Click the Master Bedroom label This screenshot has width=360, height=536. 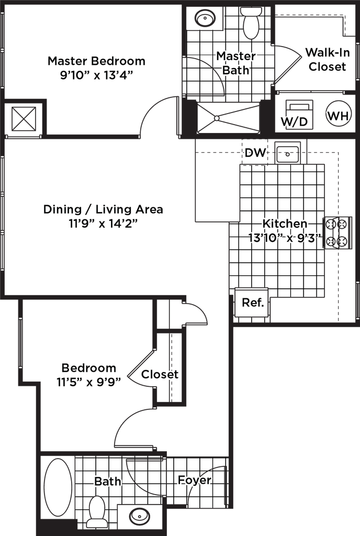96,61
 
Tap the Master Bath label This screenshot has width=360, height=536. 236,63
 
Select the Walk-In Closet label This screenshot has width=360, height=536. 328,60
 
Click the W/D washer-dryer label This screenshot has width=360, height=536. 294,121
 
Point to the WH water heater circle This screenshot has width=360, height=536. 337,116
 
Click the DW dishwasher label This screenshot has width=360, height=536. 255,153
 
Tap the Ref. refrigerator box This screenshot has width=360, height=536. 253,303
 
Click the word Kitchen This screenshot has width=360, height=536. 285,224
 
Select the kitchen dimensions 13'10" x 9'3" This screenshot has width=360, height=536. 285,238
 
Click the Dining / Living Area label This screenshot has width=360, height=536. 103,210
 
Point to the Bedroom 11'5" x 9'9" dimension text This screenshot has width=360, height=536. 89,382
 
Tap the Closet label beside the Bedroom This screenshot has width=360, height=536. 160,375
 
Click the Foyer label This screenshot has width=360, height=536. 194,480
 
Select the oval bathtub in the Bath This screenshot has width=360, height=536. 55,488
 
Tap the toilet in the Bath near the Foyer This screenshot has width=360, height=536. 96,511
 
